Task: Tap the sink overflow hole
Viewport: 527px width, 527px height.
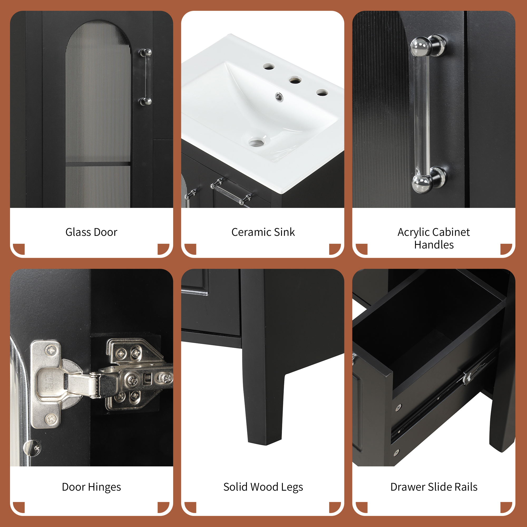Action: (279, 96)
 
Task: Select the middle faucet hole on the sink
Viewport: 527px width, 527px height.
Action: (295, 80)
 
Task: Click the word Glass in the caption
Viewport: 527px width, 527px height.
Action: (78, 232)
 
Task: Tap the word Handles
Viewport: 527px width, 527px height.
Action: (434, 245)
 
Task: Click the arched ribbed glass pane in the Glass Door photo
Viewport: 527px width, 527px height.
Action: (99, 115)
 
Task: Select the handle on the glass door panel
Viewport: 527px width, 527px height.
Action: (146, 77)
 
